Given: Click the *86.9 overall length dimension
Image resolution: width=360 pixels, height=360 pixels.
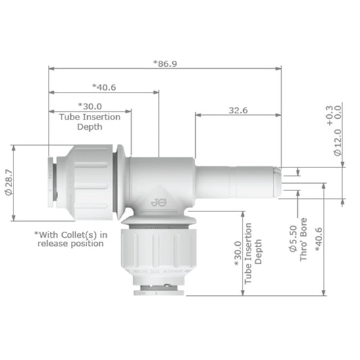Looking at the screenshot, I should (x=165, y=62).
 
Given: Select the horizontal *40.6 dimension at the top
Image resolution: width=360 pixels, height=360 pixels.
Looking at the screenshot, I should (x=103, y=86).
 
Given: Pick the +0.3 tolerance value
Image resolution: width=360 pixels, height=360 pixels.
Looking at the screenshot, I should (x=329, y=115).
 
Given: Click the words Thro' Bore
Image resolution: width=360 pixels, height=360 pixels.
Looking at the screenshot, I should (x=304, y=238).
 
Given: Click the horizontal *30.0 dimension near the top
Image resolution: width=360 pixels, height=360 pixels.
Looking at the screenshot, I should (x=90, y=106).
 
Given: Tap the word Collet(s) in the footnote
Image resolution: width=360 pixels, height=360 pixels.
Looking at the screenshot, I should (x=82, y=234).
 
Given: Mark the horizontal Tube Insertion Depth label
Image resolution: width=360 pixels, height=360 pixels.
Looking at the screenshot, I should (x=90, y=122).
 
